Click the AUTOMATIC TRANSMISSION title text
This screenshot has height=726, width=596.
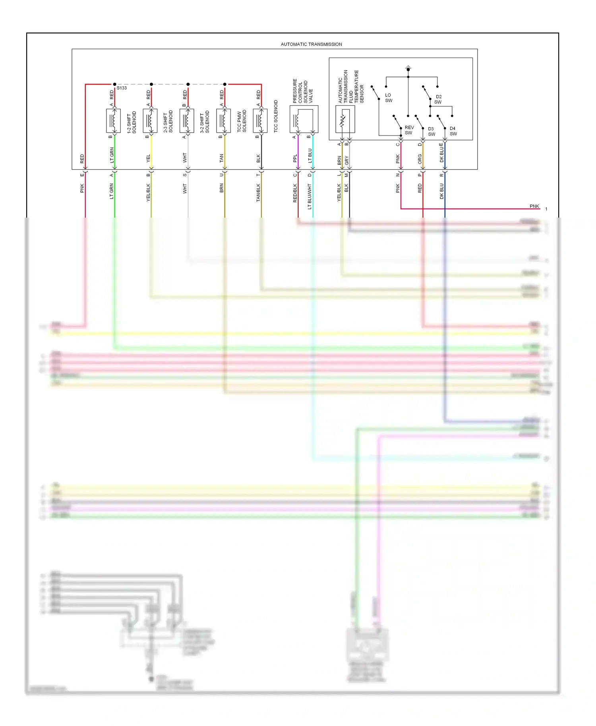(311, 44)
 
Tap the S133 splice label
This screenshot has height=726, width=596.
(122, 88)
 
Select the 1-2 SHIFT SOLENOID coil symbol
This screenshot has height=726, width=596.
(113, 121)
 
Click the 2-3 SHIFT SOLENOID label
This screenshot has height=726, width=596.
(168, 122)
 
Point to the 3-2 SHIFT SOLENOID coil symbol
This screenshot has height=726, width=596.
(187, 121)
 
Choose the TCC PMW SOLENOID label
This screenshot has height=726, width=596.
(242, 121)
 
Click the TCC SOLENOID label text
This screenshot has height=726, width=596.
(276, 116)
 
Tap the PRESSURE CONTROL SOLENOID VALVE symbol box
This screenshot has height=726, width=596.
(304, 119)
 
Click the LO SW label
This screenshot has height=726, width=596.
(388, 98)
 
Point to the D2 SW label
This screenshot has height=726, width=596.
(438, 99)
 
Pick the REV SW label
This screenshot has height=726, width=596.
(409, 130)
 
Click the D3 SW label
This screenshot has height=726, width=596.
(432, 131)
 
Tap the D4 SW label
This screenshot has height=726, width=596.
(453, 131)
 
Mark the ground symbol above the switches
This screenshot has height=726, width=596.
(408, 68)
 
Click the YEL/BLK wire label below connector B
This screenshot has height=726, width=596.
(148, 192)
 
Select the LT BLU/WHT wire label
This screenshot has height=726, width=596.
(310, 196)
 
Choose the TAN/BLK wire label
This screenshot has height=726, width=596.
(258, 193)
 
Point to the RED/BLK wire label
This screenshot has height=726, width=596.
(295, 193)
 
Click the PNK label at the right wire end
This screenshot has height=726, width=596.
(534, 206)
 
